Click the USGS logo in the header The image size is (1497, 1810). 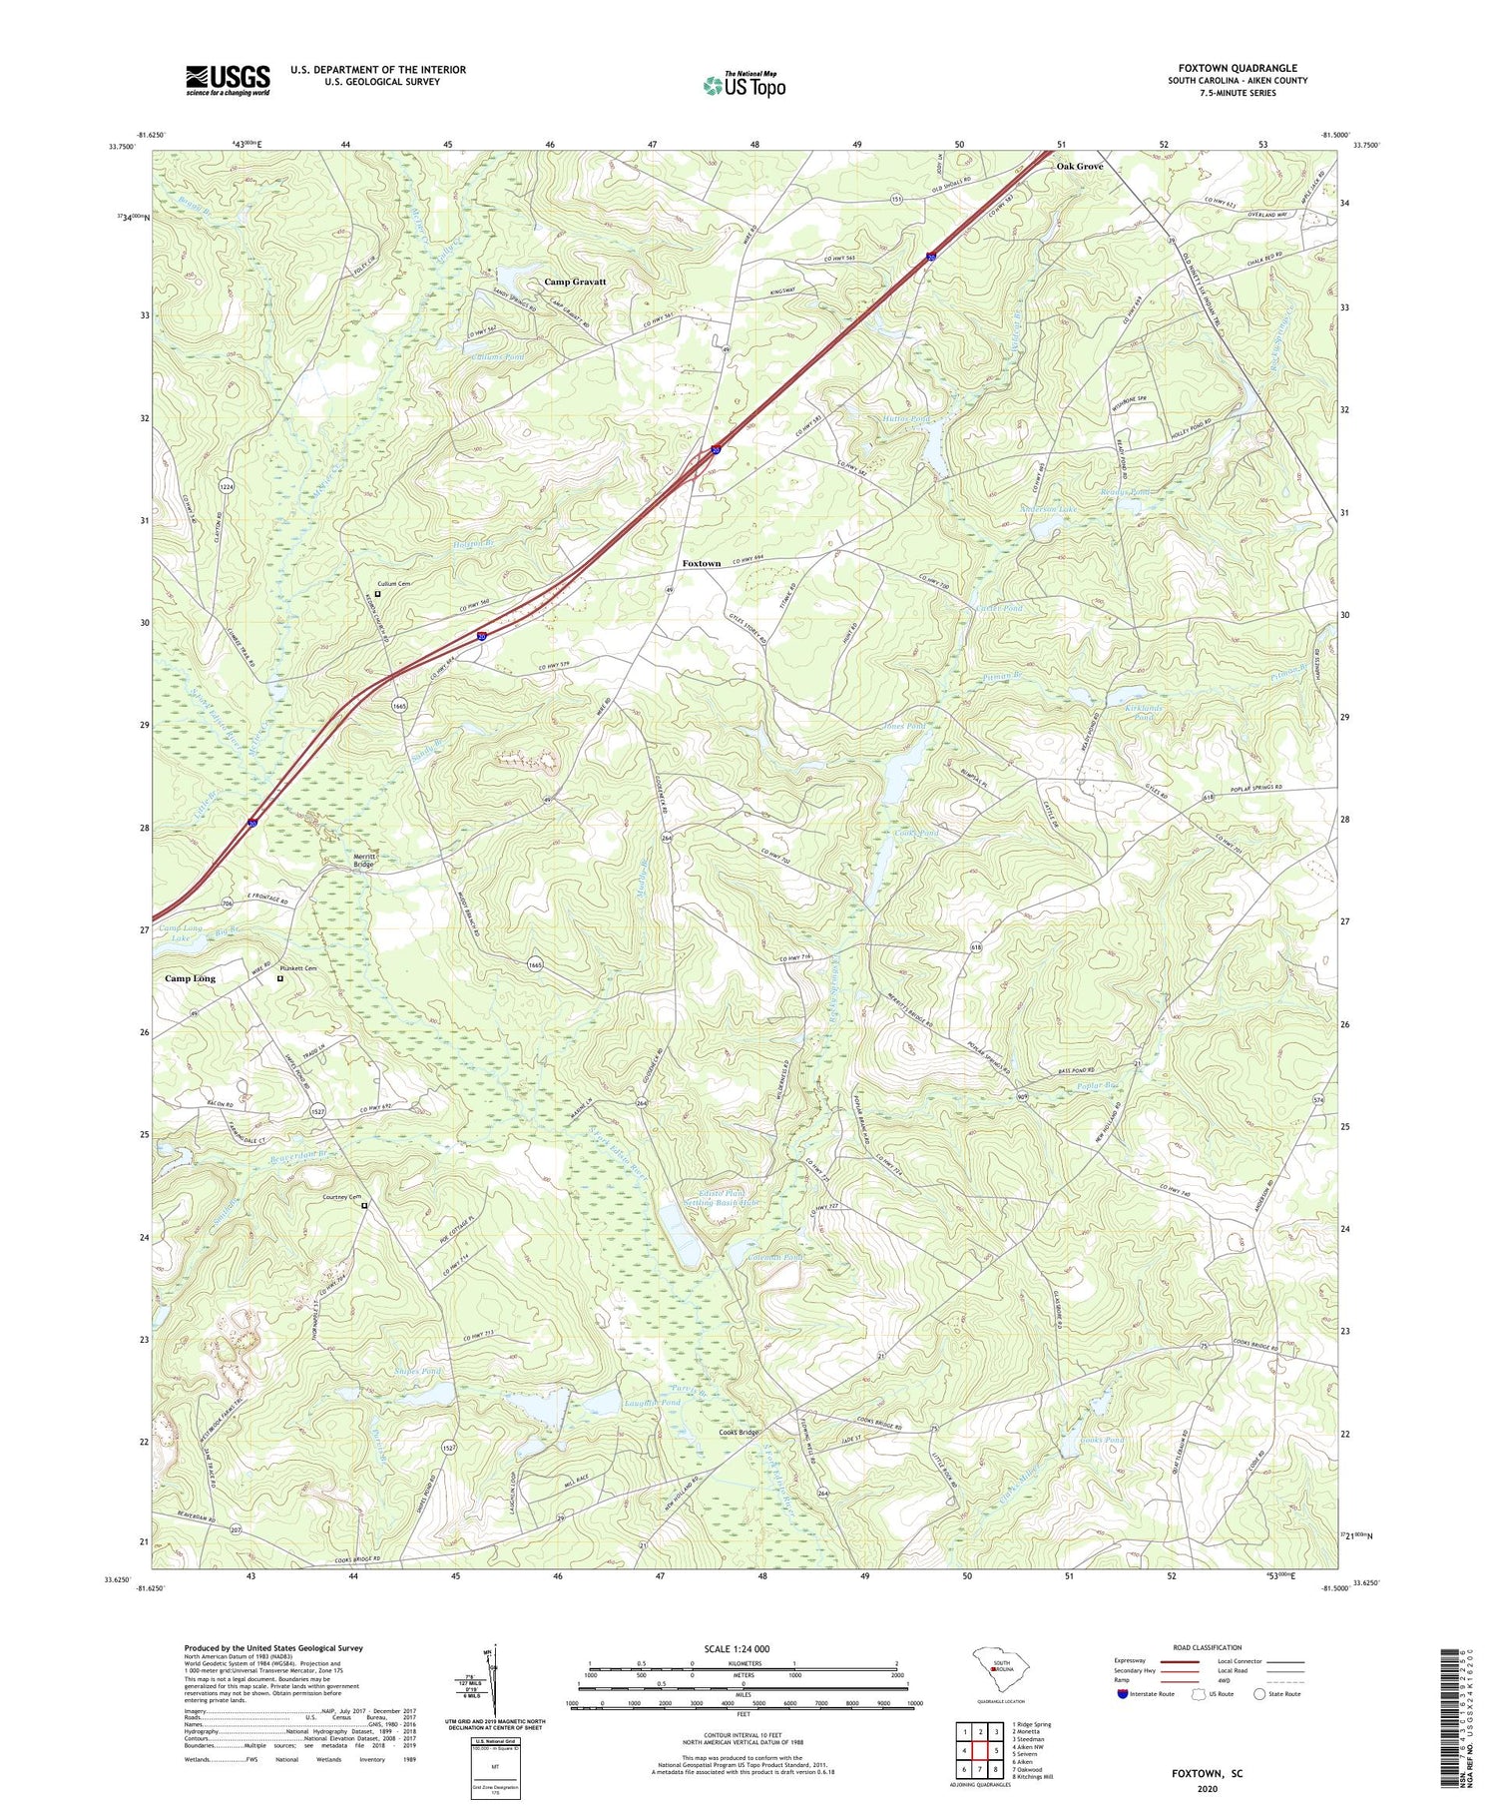[x=228, y=80]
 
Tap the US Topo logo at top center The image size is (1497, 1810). [x=745, y=85]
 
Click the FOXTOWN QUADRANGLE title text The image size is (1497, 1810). [x=1237, y=68]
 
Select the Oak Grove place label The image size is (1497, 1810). [x=1080, y=166]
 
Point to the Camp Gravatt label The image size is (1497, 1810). [x=575, y=282]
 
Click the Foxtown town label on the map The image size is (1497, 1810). [x=701, y=563]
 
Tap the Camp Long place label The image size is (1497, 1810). [x=190, y=978]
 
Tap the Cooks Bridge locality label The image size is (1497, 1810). [x=740, y=1433]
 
